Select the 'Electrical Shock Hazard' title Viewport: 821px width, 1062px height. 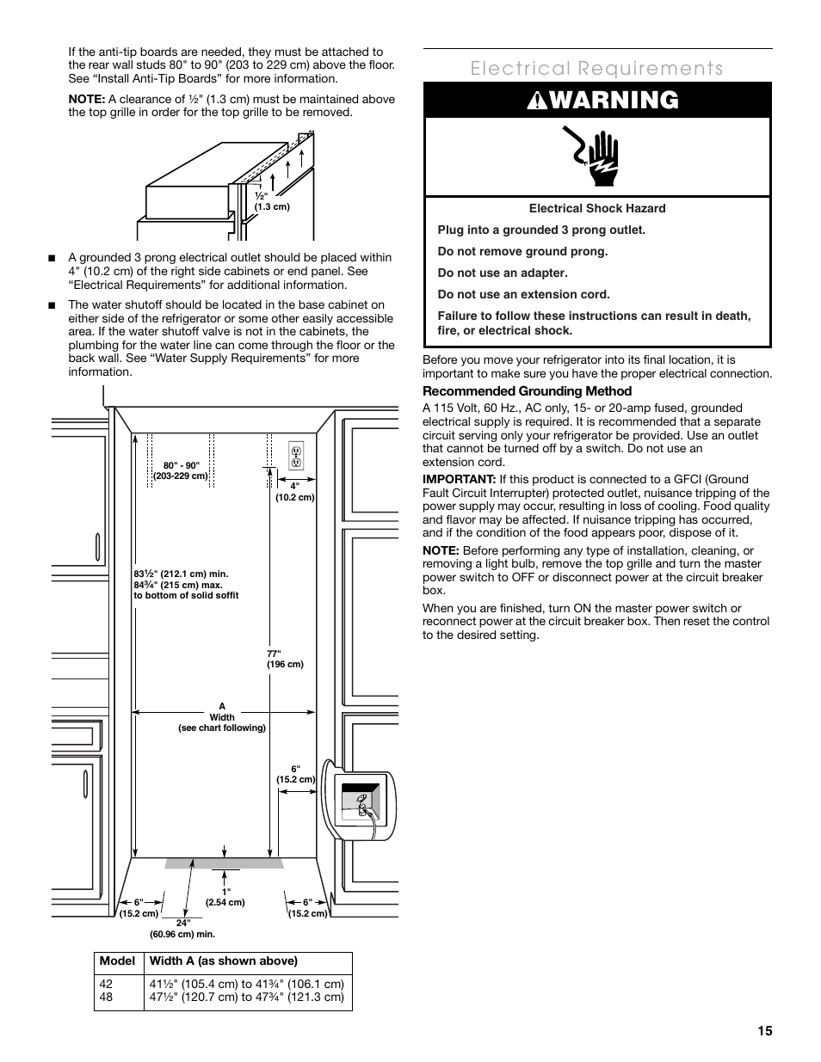[597, 208]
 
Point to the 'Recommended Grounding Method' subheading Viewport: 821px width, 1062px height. [527, 391]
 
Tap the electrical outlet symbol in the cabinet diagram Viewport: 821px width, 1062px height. [296, 457]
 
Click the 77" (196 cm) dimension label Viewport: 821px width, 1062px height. [285, 659]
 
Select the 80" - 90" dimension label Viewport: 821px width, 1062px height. [181, 470]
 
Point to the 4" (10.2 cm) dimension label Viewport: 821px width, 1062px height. [294, 492]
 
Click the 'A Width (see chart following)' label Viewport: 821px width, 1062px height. [222, 717]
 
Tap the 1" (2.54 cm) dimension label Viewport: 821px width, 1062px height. [225, 897]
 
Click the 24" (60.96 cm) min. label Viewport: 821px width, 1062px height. [182, 929]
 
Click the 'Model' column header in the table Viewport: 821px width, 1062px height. [117, 961]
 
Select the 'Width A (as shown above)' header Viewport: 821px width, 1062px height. [224, 961]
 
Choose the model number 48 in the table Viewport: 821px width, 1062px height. [107, 998]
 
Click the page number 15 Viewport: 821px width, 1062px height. [765, 1031]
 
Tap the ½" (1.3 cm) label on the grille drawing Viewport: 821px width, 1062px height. [271, 201]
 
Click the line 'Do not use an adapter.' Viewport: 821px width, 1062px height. [503, 273]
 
